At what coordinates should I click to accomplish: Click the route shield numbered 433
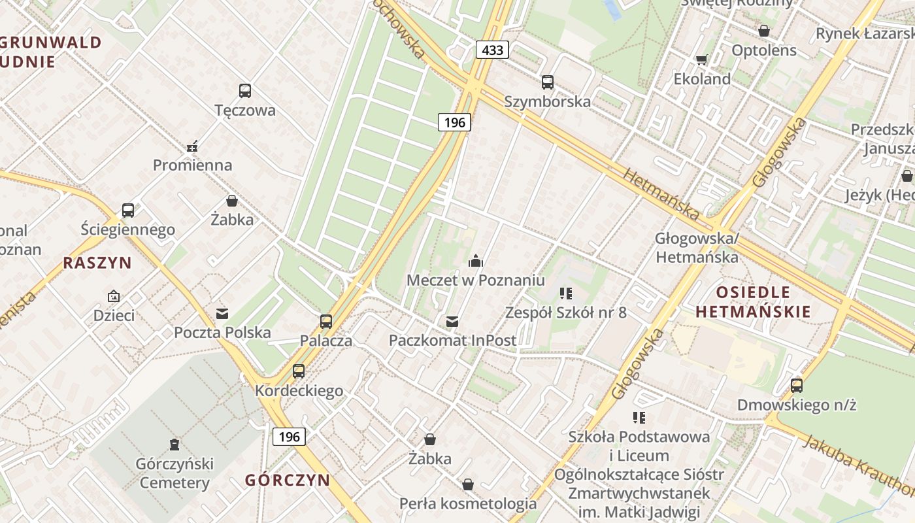pos(491,50)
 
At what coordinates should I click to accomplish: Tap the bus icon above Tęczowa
pos(245,91)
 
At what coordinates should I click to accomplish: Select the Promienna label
pos(193,165)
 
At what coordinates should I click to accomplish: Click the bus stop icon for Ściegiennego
pos(128,211)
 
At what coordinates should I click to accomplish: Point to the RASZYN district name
pos(97,263)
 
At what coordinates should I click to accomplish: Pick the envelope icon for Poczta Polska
pos(222,314)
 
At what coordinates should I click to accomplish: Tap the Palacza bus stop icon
pos(326,322)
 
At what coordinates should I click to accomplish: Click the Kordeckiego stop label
pos(299,391)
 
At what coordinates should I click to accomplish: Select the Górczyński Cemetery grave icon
pos(174,445)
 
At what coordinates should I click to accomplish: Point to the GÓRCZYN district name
pos(288,480)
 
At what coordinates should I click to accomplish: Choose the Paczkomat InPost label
pos(452,340)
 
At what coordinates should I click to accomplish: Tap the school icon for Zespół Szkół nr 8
pos(566,294)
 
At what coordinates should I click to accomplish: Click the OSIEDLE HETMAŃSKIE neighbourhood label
pos(753,301)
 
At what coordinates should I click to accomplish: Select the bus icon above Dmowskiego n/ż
pos(796,386)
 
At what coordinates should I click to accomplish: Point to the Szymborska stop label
pos(548,101)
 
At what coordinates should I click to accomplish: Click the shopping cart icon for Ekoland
pos(702,60)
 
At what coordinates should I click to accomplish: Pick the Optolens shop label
pos(764,50)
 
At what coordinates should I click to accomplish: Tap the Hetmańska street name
pos(661,192)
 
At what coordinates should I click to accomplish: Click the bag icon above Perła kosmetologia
pos(468,484)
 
